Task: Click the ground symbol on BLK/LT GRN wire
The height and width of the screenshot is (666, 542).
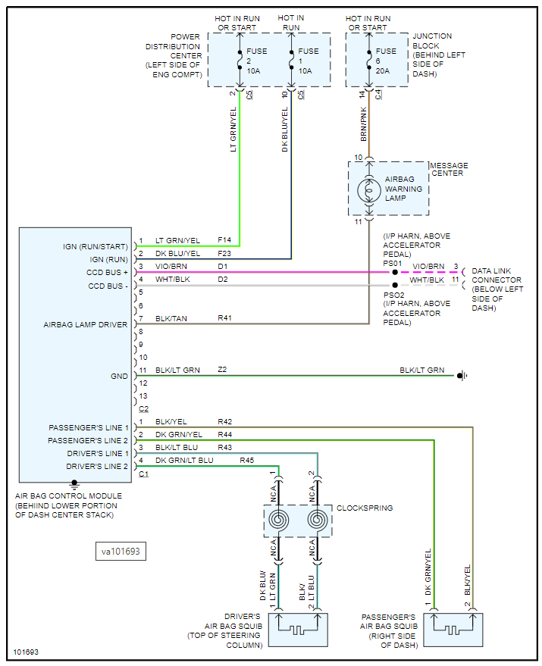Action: point(460,375)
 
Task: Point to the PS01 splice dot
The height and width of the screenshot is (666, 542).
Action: point(395,271)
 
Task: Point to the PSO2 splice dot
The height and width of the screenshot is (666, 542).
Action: point(395,286)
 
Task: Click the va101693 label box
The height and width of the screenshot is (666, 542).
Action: point(121,552)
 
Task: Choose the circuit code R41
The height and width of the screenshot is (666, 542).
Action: point(224,318)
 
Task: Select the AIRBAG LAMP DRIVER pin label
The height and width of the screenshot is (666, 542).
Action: point(86,324)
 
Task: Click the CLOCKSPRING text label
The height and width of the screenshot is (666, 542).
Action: point(365,508)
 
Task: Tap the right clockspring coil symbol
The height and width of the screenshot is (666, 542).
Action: point(318,521)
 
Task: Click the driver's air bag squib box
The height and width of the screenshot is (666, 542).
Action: point(298,628)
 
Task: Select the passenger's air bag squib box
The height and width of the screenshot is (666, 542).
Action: point(453,628)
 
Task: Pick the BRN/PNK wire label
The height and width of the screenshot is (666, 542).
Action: point(364,124)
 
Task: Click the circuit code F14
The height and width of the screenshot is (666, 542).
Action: point(225,240)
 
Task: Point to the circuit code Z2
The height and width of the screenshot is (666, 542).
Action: point(223,370)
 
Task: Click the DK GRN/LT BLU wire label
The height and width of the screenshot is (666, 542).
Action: point(184,460)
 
